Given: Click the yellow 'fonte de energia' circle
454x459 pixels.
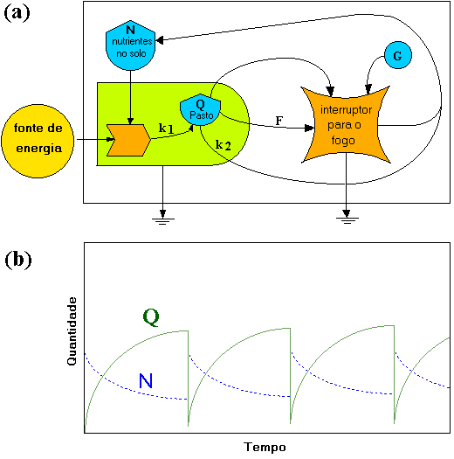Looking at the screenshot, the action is tap(38, 141).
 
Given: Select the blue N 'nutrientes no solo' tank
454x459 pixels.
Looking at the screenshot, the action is tap(130, 45).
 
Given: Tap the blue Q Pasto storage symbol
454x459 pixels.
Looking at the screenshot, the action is tap(200, 110).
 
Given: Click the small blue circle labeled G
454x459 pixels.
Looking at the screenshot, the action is tap(397, 55).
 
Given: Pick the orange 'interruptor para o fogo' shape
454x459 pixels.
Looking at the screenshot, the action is tap(346, 125).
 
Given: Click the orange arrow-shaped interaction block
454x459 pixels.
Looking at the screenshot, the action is tap(128, 140).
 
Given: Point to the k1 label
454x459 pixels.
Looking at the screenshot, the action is tap(166, 129).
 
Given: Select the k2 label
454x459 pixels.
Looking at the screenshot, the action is tap(224, 145).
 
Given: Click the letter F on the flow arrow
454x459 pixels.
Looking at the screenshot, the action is tap(279, 121).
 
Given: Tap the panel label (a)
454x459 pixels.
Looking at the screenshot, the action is tap(17, 13).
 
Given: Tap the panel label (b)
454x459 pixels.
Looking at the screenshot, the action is tap(18, 260).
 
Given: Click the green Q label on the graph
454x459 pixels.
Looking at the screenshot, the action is tap(151, 317).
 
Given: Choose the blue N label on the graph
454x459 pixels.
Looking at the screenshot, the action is tap(146, 380).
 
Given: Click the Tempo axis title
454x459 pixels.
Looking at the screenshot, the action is tap(265, 448).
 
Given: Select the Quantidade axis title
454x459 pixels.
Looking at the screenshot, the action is tap(72, 331).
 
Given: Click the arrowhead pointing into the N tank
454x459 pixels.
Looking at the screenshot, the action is tap(160, 40).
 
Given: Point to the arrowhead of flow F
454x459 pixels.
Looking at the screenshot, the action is tap(309, 129).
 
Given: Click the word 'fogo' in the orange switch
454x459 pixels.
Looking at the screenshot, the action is tap(343, 141).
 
